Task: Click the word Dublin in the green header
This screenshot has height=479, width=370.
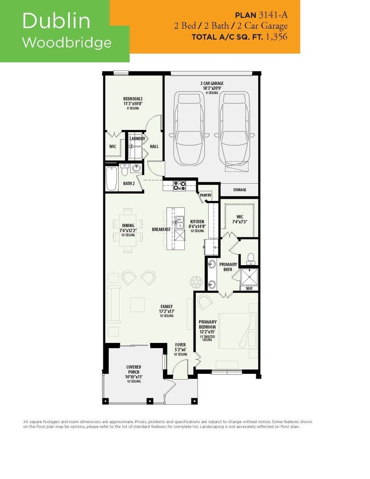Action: tap(56, 21)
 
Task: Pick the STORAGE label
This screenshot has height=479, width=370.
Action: tap(239, 190)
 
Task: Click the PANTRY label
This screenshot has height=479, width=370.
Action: tap(206, 195)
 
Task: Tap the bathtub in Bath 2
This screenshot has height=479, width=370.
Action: tap(112, 178)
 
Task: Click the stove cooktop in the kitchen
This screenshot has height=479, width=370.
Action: tap(179, 186)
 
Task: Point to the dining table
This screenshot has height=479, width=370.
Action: tap(128, 230)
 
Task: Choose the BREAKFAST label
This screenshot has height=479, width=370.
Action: tap(161, 229)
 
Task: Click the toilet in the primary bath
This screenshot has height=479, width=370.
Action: tap(250, 258)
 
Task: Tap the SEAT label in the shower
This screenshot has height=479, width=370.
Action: tap(249, 288)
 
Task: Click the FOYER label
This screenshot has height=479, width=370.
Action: tap(180, 345)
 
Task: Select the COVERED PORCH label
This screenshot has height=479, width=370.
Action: tap(133, 369)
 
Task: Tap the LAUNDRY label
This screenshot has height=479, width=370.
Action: tap(137, 139)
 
